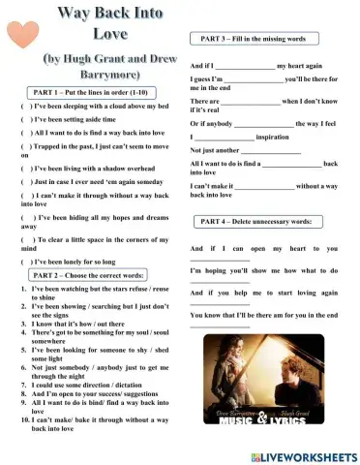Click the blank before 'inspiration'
click(x=225, y=138)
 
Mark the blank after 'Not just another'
click(x=271, y=151)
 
